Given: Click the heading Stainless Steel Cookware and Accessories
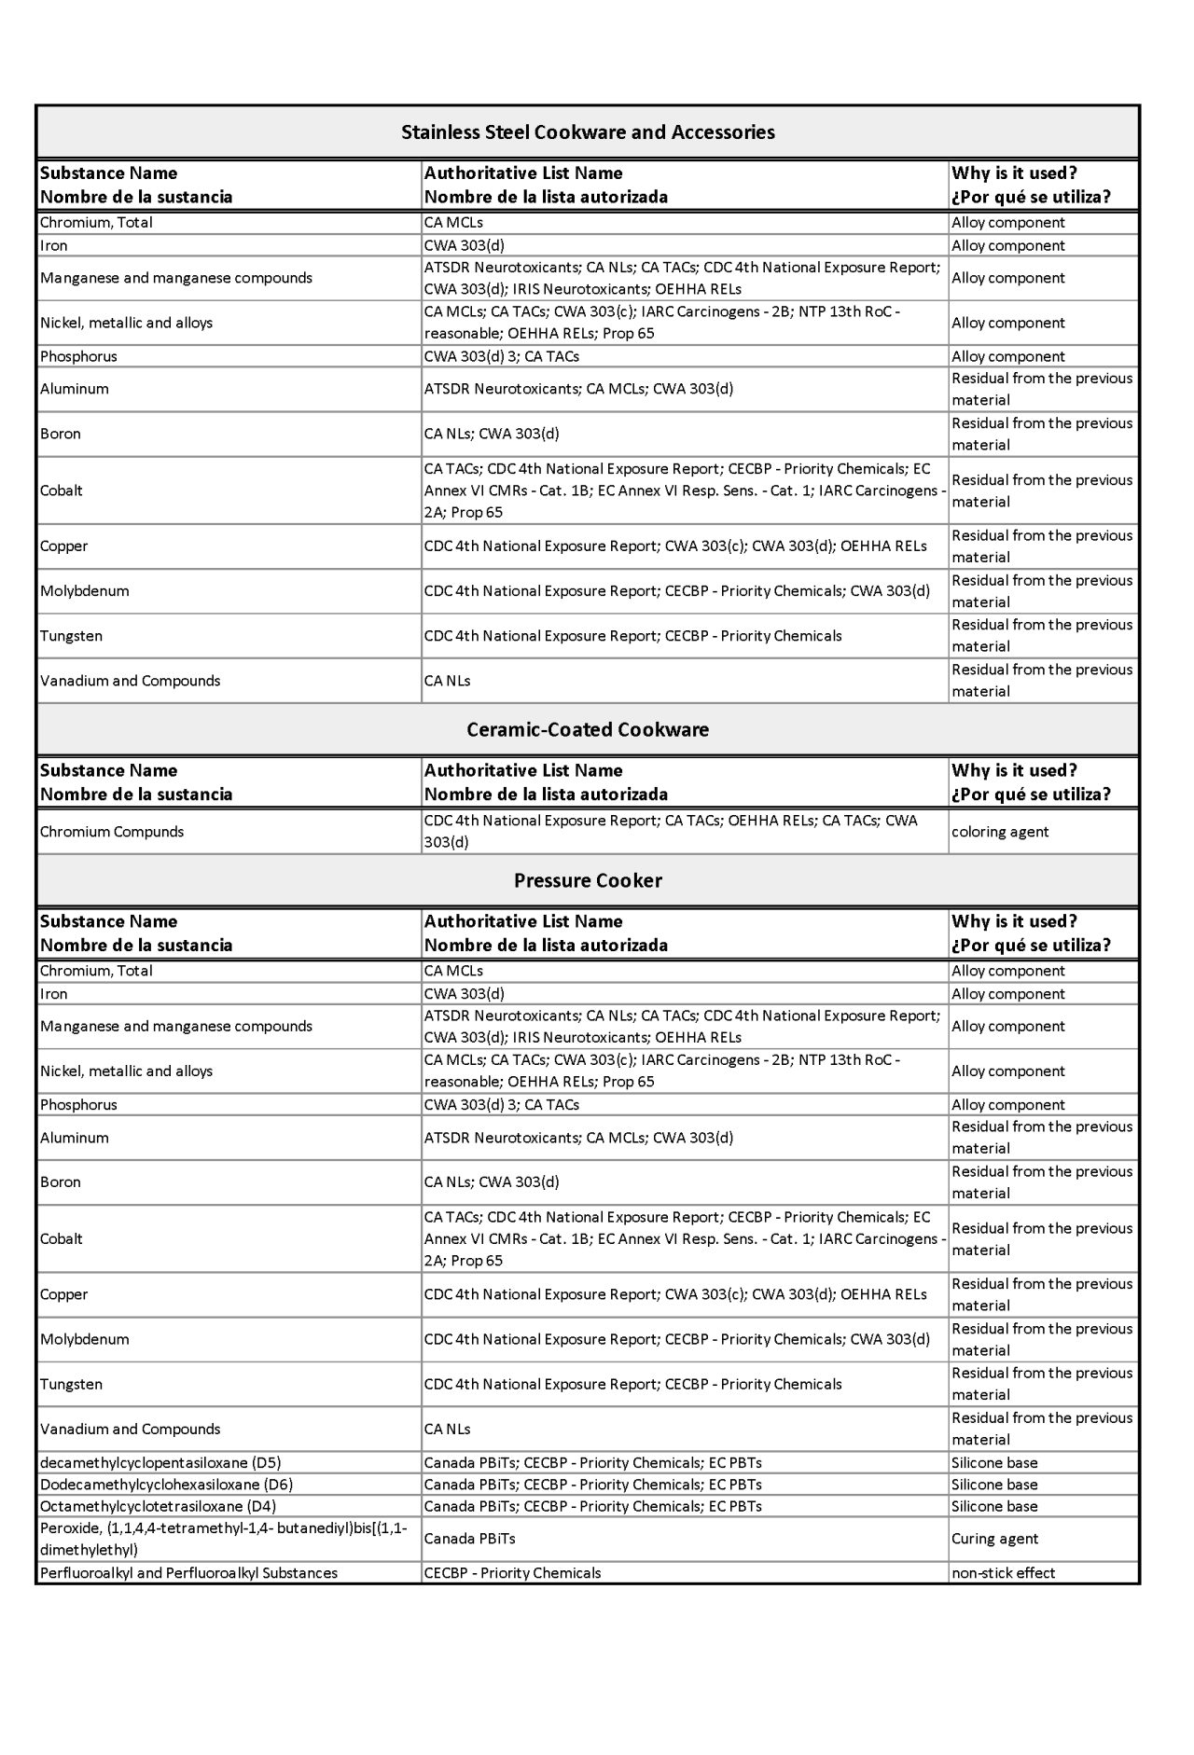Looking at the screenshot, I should click(588, 132).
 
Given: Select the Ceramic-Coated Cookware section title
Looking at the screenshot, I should click(588, 730).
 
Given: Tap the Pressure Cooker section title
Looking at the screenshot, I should click(588, 881).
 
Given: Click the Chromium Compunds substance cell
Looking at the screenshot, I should click(112, 832).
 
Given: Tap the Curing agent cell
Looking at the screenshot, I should click(994, 1539).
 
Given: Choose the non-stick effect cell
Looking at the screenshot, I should click(1003, 1573).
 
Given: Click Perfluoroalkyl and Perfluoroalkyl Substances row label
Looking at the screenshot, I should click(188, 1573).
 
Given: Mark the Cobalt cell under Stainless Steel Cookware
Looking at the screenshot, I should click(62, 491).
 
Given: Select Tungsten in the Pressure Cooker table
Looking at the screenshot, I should click(71, 1385).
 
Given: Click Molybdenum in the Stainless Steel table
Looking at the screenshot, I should click(84, 591).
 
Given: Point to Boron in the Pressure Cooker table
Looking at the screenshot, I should click(61, 1182).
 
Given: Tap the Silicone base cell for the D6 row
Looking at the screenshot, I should click(994, 1485).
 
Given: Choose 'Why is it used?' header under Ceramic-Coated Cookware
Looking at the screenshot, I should click(1014, 771).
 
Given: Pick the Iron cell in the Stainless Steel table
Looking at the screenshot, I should click(54, 246).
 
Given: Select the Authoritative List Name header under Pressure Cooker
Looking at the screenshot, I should click(523, 921).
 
